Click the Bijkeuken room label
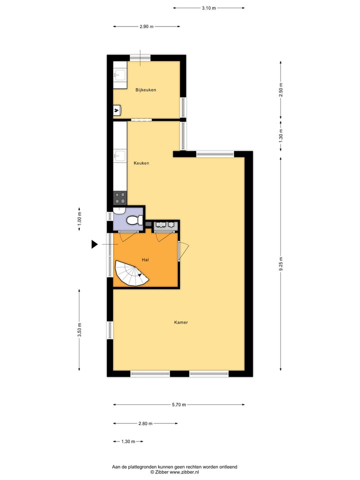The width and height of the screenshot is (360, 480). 145,90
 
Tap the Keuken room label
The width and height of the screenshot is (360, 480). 141,163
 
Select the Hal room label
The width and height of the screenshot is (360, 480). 145,259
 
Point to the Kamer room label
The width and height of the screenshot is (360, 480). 181,322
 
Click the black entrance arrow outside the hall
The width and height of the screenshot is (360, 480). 94,244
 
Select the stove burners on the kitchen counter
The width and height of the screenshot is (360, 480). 120,198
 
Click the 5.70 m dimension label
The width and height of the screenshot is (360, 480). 178,404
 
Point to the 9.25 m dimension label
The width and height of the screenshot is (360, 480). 281,263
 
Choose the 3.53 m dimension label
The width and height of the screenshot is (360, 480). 79,330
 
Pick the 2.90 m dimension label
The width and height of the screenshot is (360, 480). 146,26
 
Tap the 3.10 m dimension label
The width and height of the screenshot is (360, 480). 208,8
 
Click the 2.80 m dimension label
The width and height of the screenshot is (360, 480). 145,423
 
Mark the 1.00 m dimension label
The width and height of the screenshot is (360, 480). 79,219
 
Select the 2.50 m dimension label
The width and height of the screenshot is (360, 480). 281,88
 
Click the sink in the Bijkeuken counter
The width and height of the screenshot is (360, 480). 119,75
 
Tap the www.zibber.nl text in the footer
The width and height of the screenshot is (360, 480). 184,472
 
